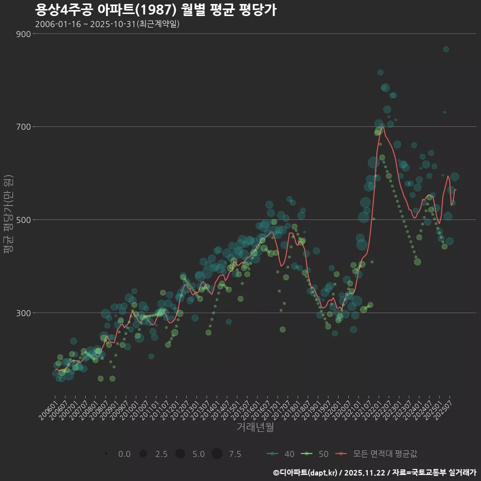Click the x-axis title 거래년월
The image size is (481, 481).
pyautogui.click(x=255, y=427)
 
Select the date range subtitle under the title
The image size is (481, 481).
pyautogui.click(x=107, y=24)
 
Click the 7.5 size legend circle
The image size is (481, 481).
pyautogui.click(x=216, y=454)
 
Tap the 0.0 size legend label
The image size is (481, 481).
pyautogui.click(x=124, y=454)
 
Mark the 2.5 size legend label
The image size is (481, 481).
pyautogui.click(x=161, y=454)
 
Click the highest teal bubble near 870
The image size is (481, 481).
pyautogui.click(x=446, y=49)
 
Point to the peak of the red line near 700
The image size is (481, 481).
pyautogui.click(x=383, y=127)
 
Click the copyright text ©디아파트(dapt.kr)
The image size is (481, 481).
pyautogui.click(x=306, y=472)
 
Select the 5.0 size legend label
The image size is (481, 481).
pyautogui.click(x=198, y=454)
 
